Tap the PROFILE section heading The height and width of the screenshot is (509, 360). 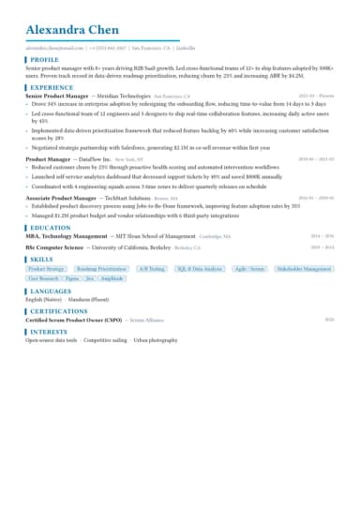click(x=44, y=58)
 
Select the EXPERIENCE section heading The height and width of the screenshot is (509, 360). click(x=51, y=86)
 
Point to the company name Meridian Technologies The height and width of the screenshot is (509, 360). click(x=118, y=96)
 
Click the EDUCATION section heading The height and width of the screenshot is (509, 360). click(x=51, y=227)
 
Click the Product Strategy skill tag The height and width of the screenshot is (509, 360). click(x=47, y=268)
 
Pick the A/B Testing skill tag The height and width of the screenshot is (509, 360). click(x=151, y=268)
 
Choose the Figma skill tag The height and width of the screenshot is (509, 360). click(x=72, y=278)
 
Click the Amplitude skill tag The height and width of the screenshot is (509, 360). click(x=112, y=278)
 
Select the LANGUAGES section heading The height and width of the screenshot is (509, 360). click(x=51, y=291)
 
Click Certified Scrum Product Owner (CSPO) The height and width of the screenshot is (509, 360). click(x=72, y=320)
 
